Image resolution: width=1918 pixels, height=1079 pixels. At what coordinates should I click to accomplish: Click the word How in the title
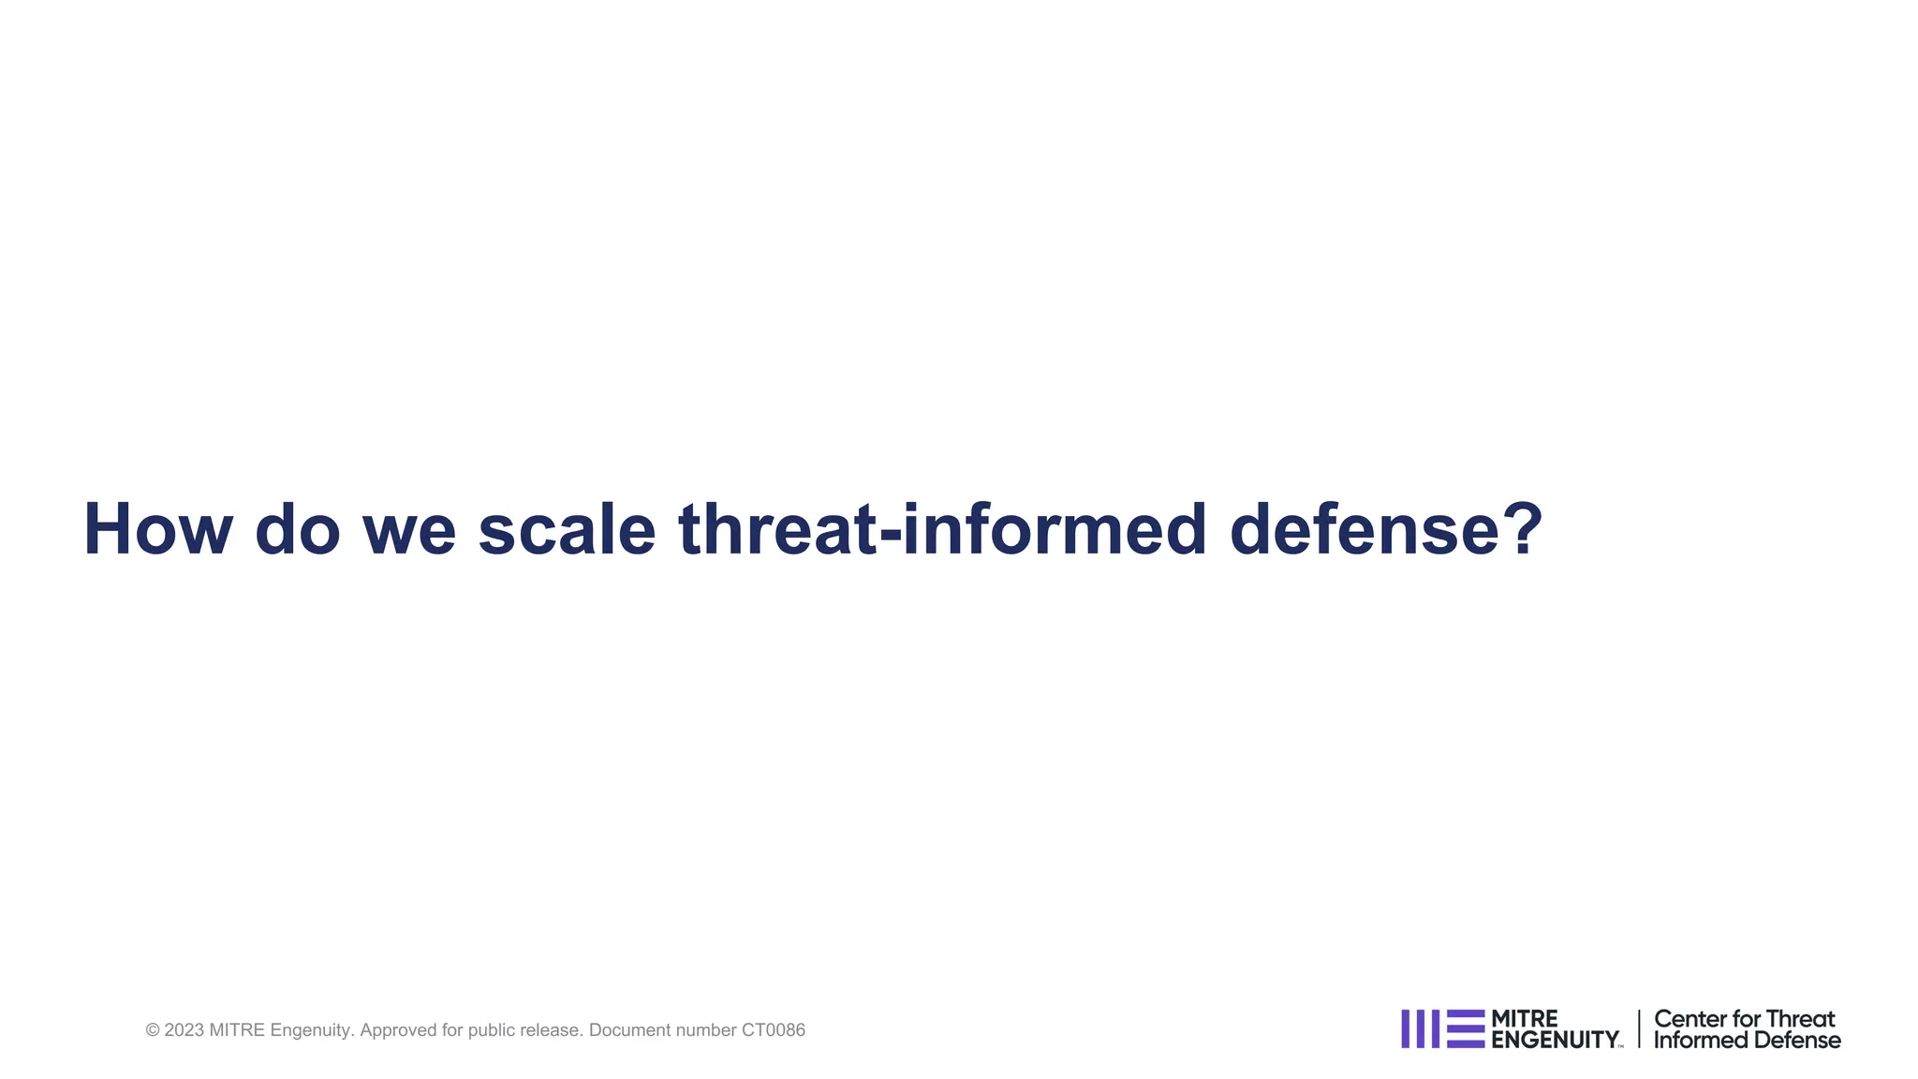(x=157, y=530)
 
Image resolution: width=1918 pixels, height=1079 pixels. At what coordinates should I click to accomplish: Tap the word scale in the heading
(x=567, y=530)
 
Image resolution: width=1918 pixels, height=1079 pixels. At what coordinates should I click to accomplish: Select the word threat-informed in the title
(x=942, y=530)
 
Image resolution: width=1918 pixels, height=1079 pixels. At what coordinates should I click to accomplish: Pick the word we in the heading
(x=409, y=530)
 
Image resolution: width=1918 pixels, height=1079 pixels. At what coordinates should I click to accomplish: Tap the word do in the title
(x=297, y=530)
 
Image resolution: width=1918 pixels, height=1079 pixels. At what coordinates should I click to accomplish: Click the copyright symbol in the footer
(x=153, y=1030)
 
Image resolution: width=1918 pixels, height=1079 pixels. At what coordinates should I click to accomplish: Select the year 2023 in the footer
(x=184, y=1030)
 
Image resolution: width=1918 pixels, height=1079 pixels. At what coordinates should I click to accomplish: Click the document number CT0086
(x=773, y=1030)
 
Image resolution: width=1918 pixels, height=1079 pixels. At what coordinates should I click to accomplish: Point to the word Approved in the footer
(x=397, y=1030)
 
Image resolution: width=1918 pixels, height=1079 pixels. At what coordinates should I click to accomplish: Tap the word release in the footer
(x=552, y=1030)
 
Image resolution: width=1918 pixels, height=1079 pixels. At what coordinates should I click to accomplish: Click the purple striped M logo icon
(x=1442, y=1028)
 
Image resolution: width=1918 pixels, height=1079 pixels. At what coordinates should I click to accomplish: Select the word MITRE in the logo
(x=1524, y=1018)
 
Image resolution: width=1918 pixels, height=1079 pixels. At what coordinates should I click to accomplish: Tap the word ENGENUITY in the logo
(x=1555, y=1040)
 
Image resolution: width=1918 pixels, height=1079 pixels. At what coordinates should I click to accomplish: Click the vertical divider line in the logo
(x=1639, y=1028)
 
